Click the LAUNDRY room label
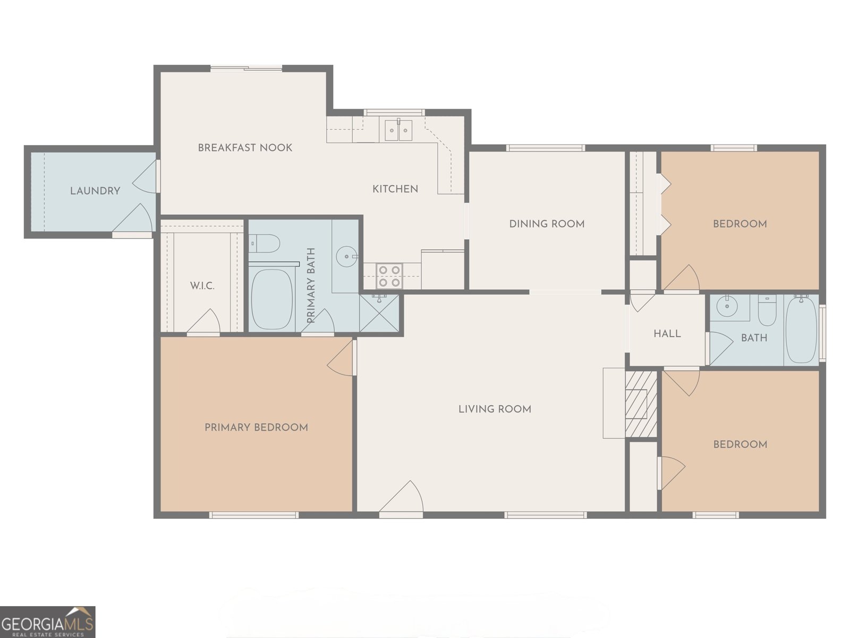coord(95,190)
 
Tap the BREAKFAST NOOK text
coord(245,148)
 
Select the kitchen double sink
coord(398,130)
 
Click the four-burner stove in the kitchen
coord(388,276)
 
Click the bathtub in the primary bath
coord(271,299)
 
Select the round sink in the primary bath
coord(346,256)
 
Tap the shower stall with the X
coord(379,313)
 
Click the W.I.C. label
coord(202,286)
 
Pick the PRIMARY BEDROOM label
coord(256,427)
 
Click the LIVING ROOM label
coord(495,409)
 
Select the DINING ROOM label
coord(547,224)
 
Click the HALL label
coord(667,334)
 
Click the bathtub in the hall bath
coord(801,331)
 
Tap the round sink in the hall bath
coord(725,306)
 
